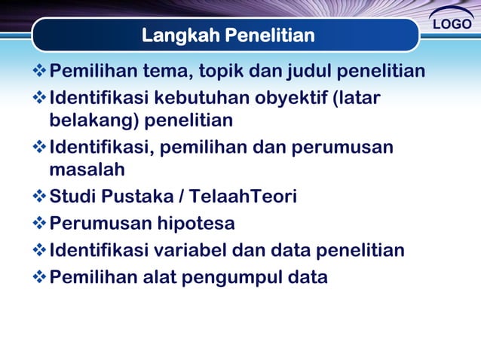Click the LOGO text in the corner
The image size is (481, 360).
(x=452, y=24)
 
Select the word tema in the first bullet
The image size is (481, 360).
(x=166, y=72)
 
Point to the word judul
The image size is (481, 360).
(x=310, y=72)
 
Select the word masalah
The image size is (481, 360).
(x=87, y=170)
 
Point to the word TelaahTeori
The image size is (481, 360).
(x=243, y=197)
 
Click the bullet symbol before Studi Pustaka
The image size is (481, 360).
(x=40, y=197)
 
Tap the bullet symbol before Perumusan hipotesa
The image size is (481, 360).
(x=40, y=224)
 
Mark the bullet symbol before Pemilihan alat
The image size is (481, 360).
(x=40, y=277)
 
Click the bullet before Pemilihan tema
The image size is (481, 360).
(x=40, y=72)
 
